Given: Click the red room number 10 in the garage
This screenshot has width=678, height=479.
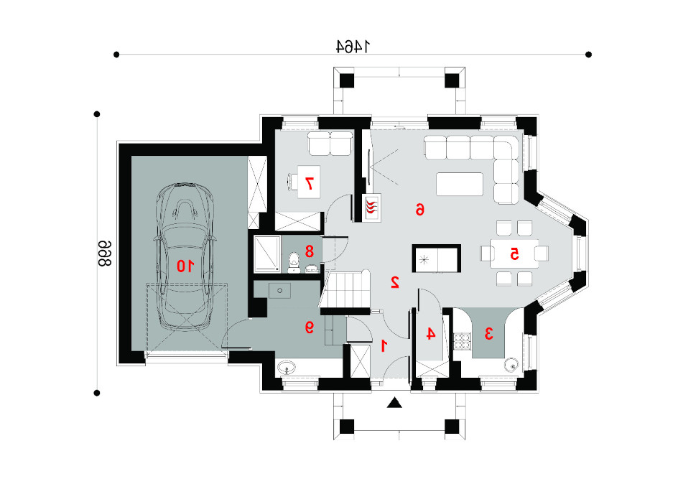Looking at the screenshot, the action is [x=185, y=266].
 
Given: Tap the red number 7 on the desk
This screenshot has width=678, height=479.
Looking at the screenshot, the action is [x=309, y=184].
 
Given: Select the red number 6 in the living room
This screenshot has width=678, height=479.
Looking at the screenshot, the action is [x=420, y=210].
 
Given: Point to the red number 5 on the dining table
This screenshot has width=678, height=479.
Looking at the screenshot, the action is [x=514, y=254].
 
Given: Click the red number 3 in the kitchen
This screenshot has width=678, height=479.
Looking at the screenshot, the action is [x=488, y=334].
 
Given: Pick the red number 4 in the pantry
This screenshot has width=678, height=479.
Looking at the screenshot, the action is [x=431, y=334].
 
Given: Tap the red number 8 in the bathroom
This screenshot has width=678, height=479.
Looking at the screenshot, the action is [x=309, y=251].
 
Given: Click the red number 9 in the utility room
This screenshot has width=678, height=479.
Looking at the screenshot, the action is [x=309, y=327].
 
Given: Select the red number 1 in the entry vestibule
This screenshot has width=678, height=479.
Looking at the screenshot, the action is [x=384, y=346].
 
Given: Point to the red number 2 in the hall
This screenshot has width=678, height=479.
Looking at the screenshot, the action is [x=394, y=282].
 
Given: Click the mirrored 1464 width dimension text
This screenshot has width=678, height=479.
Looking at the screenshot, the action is [x=353, y=46].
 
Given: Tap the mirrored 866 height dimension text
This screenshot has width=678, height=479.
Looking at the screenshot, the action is [x=104, y=254].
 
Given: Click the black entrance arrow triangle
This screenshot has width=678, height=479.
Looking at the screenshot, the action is [x=394, y=403].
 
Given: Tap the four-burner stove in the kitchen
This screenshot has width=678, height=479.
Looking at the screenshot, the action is [x=462, y=340].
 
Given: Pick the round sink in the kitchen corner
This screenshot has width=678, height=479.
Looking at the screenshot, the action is [x=511, y=366].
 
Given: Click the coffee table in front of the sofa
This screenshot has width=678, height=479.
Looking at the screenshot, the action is [x=460, y=184].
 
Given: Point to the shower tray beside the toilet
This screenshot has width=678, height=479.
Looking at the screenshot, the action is [x=267, y=254].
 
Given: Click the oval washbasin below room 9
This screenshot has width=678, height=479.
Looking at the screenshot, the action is [x=287, y=368].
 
